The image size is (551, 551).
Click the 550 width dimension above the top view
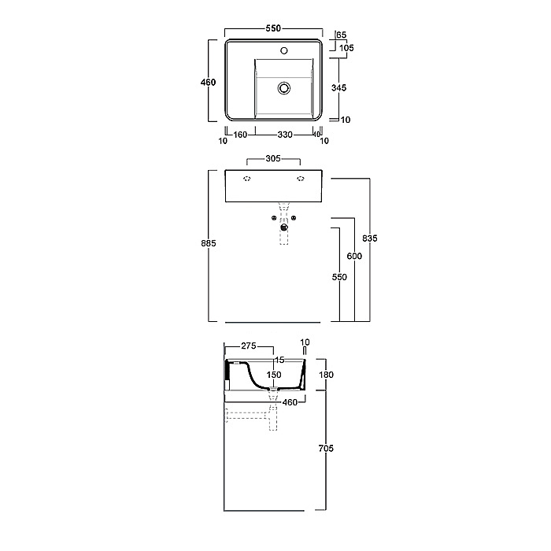[273, 28]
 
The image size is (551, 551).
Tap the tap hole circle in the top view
[284, 50]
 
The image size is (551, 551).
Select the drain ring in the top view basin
[284, 88]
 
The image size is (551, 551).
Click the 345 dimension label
[338, 87]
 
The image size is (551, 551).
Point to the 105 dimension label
[346, 48]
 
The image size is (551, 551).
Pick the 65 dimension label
[341, 35]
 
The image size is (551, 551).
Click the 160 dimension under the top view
[240, 135]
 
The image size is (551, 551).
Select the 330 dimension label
[285, 135]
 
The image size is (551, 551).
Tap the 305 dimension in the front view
[273, 158]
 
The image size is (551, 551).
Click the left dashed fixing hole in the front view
[247, 179]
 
